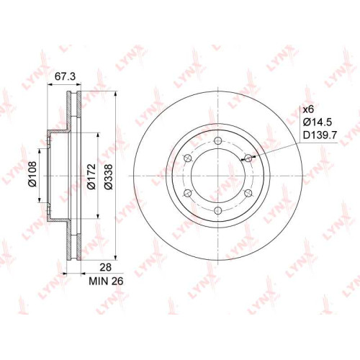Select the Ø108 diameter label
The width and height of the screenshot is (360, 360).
[32, 174]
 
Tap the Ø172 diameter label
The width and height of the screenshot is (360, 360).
[91, 176]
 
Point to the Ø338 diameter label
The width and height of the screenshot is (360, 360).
[108, 177]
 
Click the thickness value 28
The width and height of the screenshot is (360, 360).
[106, 267]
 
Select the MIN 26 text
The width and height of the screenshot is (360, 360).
[106, 281]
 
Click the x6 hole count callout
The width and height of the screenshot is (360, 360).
[308, 110]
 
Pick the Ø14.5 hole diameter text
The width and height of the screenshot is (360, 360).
[318, 122]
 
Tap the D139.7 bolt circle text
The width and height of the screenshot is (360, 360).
[320, 135]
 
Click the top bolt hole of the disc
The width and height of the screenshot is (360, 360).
[217, 140]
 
